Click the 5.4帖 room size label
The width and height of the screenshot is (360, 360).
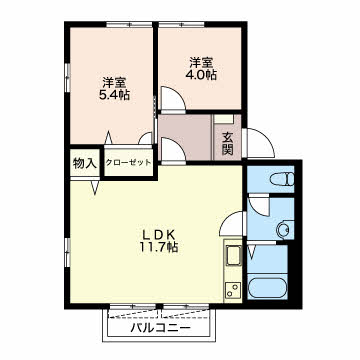[114, 96]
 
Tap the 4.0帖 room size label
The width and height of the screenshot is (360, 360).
[201, 75]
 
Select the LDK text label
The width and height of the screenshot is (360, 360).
[159, 235]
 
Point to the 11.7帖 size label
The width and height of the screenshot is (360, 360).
[159, 247]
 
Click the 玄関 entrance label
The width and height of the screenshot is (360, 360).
[227, 143]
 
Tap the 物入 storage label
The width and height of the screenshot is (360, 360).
[85, 163]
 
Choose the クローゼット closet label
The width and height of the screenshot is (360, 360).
[128, 163]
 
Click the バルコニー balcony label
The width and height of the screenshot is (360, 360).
[161, 328]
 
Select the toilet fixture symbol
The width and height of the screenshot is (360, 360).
[283, 179]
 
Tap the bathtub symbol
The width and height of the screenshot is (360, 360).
[268, 288]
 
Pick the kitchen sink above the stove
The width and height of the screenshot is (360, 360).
[233, 255]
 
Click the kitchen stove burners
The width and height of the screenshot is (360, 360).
[233, 289]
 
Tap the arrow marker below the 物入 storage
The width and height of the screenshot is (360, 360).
[95, 188]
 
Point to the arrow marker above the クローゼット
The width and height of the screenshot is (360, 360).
[108, 138]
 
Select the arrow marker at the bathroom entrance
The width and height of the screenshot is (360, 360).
[252, 252]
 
